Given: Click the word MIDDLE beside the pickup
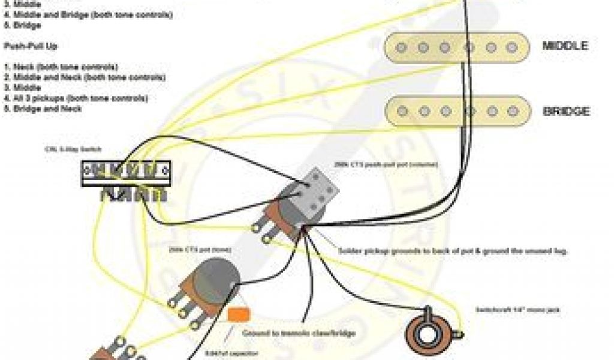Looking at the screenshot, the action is click(x=565, y=46).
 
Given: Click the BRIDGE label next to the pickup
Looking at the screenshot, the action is click(x=565, y=111).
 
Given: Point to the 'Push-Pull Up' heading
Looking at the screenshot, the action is click(x=31, y=46).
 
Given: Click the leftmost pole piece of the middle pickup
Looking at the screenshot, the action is click(x=402, y=47).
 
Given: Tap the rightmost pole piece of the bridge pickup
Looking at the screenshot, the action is click(x=511, y=111).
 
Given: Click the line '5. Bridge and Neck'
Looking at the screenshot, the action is click(x=43, y=109).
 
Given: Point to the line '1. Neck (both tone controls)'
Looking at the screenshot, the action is click(x=61, y=67).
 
